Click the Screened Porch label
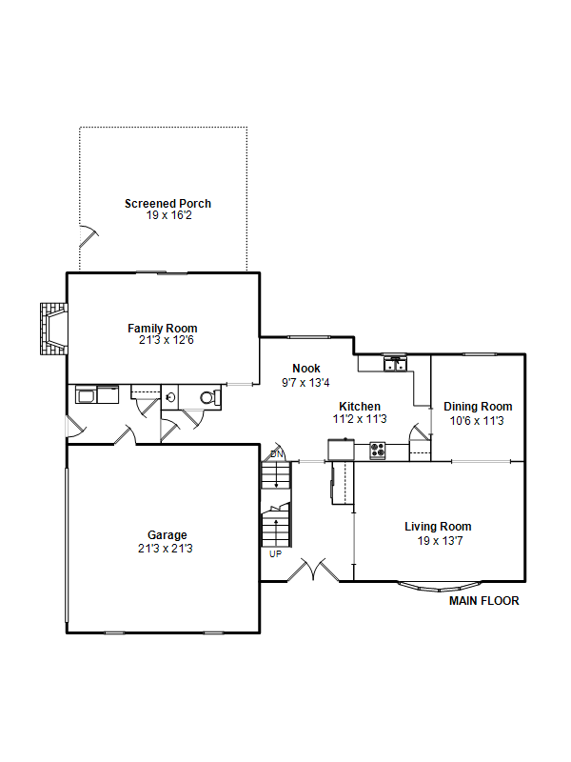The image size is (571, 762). pyautogui.click(x=167, y=204)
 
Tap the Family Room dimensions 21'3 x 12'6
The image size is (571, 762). pyautogui.click(x=166, y=340)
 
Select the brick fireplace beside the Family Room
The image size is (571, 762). pyautogui.click(x=54, y=329)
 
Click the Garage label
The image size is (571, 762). pyautogui.click(x=167, y=535)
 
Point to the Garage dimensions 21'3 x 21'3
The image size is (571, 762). pyautogui.click(x=165, y=549)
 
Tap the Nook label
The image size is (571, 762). pyautogui.click(x=306, y=369)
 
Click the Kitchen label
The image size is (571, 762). pyautogui.click(x=360, y=407)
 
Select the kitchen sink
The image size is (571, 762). pyautogui.click(x=395, y=364)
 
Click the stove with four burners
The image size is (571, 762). pyautogui.click(x=378, y=451)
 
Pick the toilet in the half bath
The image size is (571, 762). pyautogui.click(x=210, y=397)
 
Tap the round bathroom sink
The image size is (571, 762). pyautogui.click(x=170, y=397)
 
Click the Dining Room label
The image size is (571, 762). pyautogui.click(x=478, y=407)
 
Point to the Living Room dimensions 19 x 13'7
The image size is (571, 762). pyautogui.click(x=440, y=541)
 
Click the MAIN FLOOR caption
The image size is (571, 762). pyautogui.click(x=484, y=601)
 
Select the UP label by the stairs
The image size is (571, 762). pyautogui.click(x=275, y=554)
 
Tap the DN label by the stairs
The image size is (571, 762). pyautogui.click(x=277, y=454)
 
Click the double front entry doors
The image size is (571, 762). pyautogui.click(x=314, y=570)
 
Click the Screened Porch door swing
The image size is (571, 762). pyautogui.click(x=89, y=236)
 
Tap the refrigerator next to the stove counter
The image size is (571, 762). pyautogui.click(x=341, y=450)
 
